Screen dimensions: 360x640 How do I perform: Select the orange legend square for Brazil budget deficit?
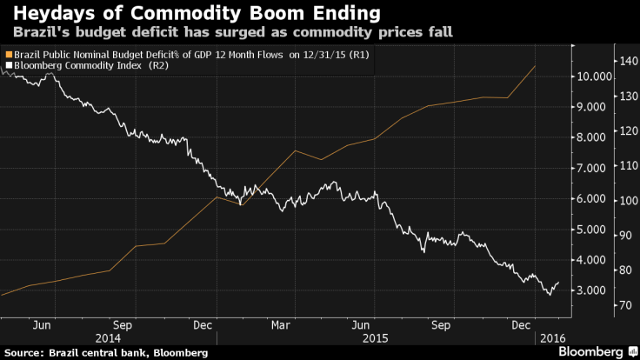(x=8, y=54)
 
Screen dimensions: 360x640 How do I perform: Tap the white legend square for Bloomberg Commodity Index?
(x=8, y=64)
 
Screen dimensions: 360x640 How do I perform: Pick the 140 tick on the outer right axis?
(x=626, y=61)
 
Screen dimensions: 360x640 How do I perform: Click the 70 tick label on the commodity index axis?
(x=624, y=305)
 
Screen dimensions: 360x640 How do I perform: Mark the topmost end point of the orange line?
(x=535, y=66)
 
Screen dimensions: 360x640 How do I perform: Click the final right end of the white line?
(x=558, y=282)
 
